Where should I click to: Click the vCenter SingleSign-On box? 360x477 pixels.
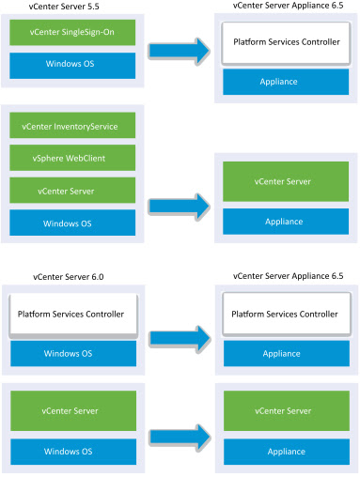(72, 34)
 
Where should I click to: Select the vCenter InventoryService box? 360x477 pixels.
(72, 125)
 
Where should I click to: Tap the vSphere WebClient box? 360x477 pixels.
(72, 157)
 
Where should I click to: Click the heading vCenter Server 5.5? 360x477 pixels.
(55, 7)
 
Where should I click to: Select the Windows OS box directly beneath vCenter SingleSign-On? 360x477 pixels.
(72, 66)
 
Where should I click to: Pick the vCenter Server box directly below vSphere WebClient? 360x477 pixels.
(72, 190)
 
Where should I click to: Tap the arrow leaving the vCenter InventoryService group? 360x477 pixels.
(179, 204)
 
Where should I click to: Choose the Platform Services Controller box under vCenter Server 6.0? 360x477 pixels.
(72, 314)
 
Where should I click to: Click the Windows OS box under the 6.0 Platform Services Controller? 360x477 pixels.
(72, 353)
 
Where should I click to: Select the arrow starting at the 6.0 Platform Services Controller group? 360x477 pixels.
(179, 342)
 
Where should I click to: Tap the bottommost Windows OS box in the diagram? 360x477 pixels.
(72, 450)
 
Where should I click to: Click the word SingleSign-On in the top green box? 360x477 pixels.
(92, 34)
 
